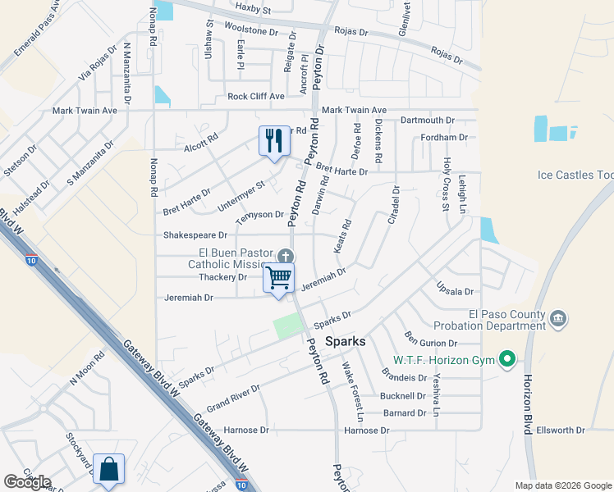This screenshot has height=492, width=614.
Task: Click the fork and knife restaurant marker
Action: click(x=274, y=140)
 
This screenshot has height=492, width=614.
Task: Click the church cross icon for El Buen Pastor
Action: click(x=285, y=255)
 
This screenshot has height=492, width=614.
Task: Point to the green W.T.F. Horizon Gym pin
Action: click(x=507, y=359)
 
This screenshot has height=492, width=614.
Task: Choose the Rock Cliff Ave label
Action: click(x=255, y=96)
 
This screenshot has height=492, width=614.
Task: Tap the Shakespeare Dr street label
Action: click(x=195, y=235)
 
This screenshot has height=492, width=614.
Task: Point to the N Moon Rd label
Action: click(x=88, y=367)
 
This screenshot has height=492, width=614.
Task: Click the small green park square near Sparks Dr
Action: click(x=286, y=326)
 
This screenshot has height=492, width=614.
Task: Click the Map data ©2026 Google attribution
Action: click(x=562, y=485)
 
